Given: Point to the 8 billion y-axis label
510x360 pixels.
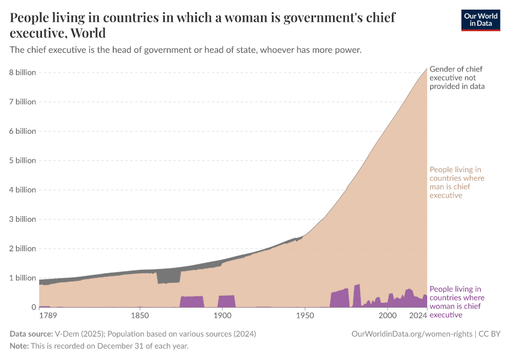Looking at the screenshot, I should point(22,73).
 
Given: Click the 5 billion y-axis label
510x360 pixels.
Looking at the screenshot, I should point(22,161).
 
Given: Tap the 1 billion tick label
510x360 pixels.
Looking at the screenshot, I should point(22,278).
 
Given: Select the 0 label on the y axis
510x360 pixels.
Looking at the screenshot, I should point(34,307).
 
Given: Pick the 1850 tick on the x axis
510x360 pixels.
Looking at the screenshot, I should point(139,315).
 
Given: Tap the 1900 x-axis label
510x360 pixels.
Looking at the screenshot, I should point(222,315).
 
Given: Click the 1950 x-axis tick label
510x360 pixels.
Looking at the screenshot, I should point(305,315).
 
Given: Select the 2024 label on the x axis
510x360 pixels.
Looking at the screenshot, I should point(418,315).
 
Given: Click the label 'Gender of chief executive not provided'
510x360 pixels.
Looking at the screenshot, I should point(457,78).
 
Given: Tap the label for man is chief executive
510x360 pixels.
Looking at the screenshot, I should point(457,182).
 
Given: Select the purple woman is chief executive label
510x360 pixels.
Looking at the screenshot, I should point(457,302).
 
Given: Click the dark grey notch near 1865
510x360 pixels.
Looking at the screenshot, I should point(169,277).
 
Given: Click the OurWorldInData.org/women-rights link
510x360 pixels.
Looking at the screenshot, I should point(413,333).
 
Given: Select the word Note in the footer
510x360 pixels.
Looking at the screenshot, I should point(20,346).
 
